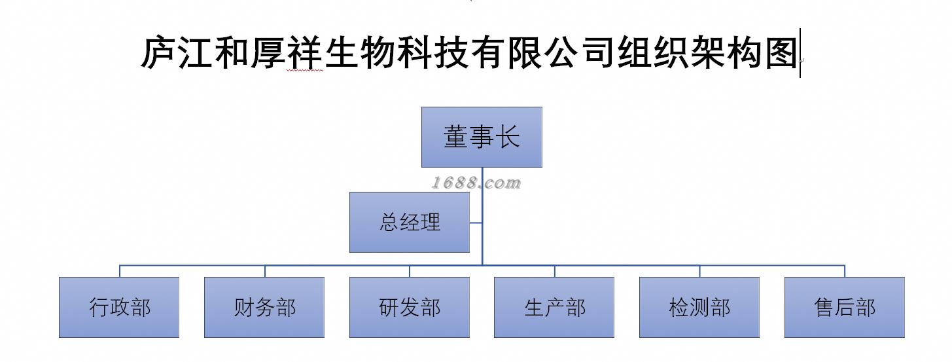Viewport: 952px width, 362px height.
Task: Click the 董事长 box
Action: pyautogui.click(x=482, y=137)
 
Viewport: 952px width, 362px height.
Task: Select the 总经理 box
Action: pyautogui.click(x=410, y=222)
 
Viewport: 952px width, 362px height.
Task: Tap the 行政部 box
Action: pyautogui.click(x=119, y=307)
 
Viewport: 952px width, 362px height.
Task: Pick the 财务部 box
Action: pyautogui.click(x=264, y=307)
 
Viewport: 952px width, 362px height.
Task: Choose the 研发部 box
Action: pyautogui.click(x=410, y=307)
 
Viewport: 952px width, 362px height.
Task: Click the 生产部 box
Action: pyautogui.click(x=554, y=307)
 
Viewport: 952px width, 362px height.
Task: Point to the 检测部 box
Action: pyautogui.click(x=699, y=307)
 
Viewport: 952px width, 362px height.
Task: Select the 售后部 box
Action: pyautogui.click(x=845, y=307)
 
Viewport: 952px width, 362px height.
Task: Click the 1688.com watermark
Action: pyautogui.click(x=476, y=183)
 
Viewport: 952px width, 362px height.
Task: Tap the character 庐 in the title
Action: pyautogui.click(x=159, y=53)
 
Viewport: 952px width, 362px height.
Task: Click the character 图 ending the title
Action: pyautogui.click(x=781, y=53)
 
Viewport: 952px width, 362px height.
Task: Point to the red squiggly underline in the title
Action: pyautogui.click(x=305, y=71)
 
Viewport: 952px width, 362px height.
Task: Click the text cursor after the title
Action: pyautogui.click(x=800, y=53)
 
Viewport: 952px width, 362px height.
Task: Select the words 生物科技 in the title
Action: pyautogui.click(x=397, y=53)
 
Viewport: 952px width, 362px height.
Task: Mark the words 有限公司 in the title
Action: pyautogui.click(x=543, y=53)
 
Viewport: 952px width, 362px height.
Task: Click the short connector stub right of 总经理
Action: pyautogui.click(x=476, y=223)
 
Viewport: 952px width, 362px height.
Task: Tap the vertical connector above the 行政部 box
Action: pyautogui.click(x=119, y=271)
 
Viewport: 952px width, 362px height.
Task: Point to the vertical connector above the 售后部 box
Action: pyautogui.click(x=845, y=271)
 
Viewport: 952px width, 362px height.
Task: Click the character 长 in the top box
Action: pyautogui.click(x=508, y=137)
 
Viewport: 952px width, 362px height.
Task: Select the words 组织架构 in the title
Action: pyautogui.click(x=690, y=53)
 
